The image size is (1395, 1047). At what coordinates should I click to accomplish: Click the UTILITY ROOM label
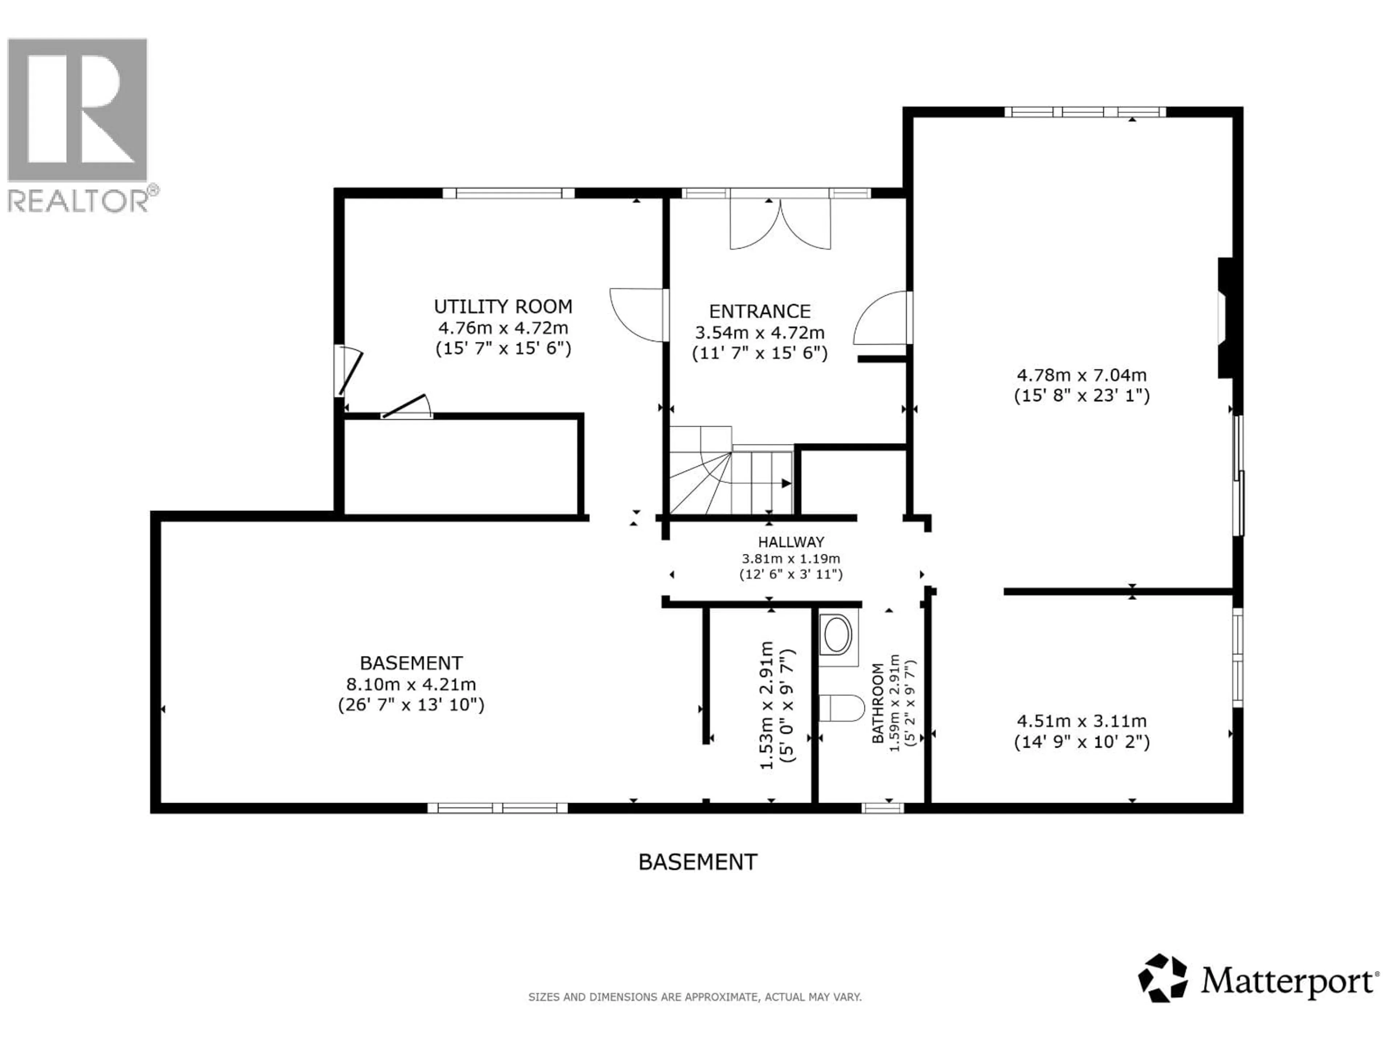pyautogui.click(x=503, y=307)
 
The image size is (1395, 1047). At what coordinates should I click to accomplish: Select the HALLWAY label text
pyautogui.click(x=791, y=541)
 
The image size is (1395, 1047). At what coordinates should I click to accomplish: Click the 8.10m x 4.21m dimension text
pyautogui.click(x=411, y=684)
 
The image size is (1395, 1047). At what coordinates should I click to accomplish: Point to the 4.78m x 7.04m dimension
pyautogui.click(x=1081, y=375)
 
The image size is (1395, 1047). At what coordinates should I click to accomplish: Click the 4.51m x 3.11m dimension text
pyautogui.click(x=1081, y=721)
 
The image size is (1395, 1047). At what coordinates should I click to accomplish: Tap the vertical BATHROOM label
pyautogui.click(x=878, y=703)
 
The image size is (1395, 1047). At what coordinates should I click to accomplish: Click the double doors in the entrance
pyautogui.click(x=780, y=224)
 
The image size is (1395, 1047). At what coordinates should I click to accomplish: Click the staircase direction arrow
pyautogui.click(x=786, y=484)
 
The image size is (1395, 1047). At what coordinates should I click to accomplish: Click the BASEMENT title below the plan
pyautogui.click(x=697, y=862)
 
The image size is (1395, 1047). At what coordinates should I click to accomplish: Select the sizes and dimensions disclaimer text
pyautogui.click(x=694, y=997)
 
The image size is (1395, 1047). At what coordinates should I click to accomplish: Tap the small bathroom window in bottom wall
pyautogui.click(x=882, y=808)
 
